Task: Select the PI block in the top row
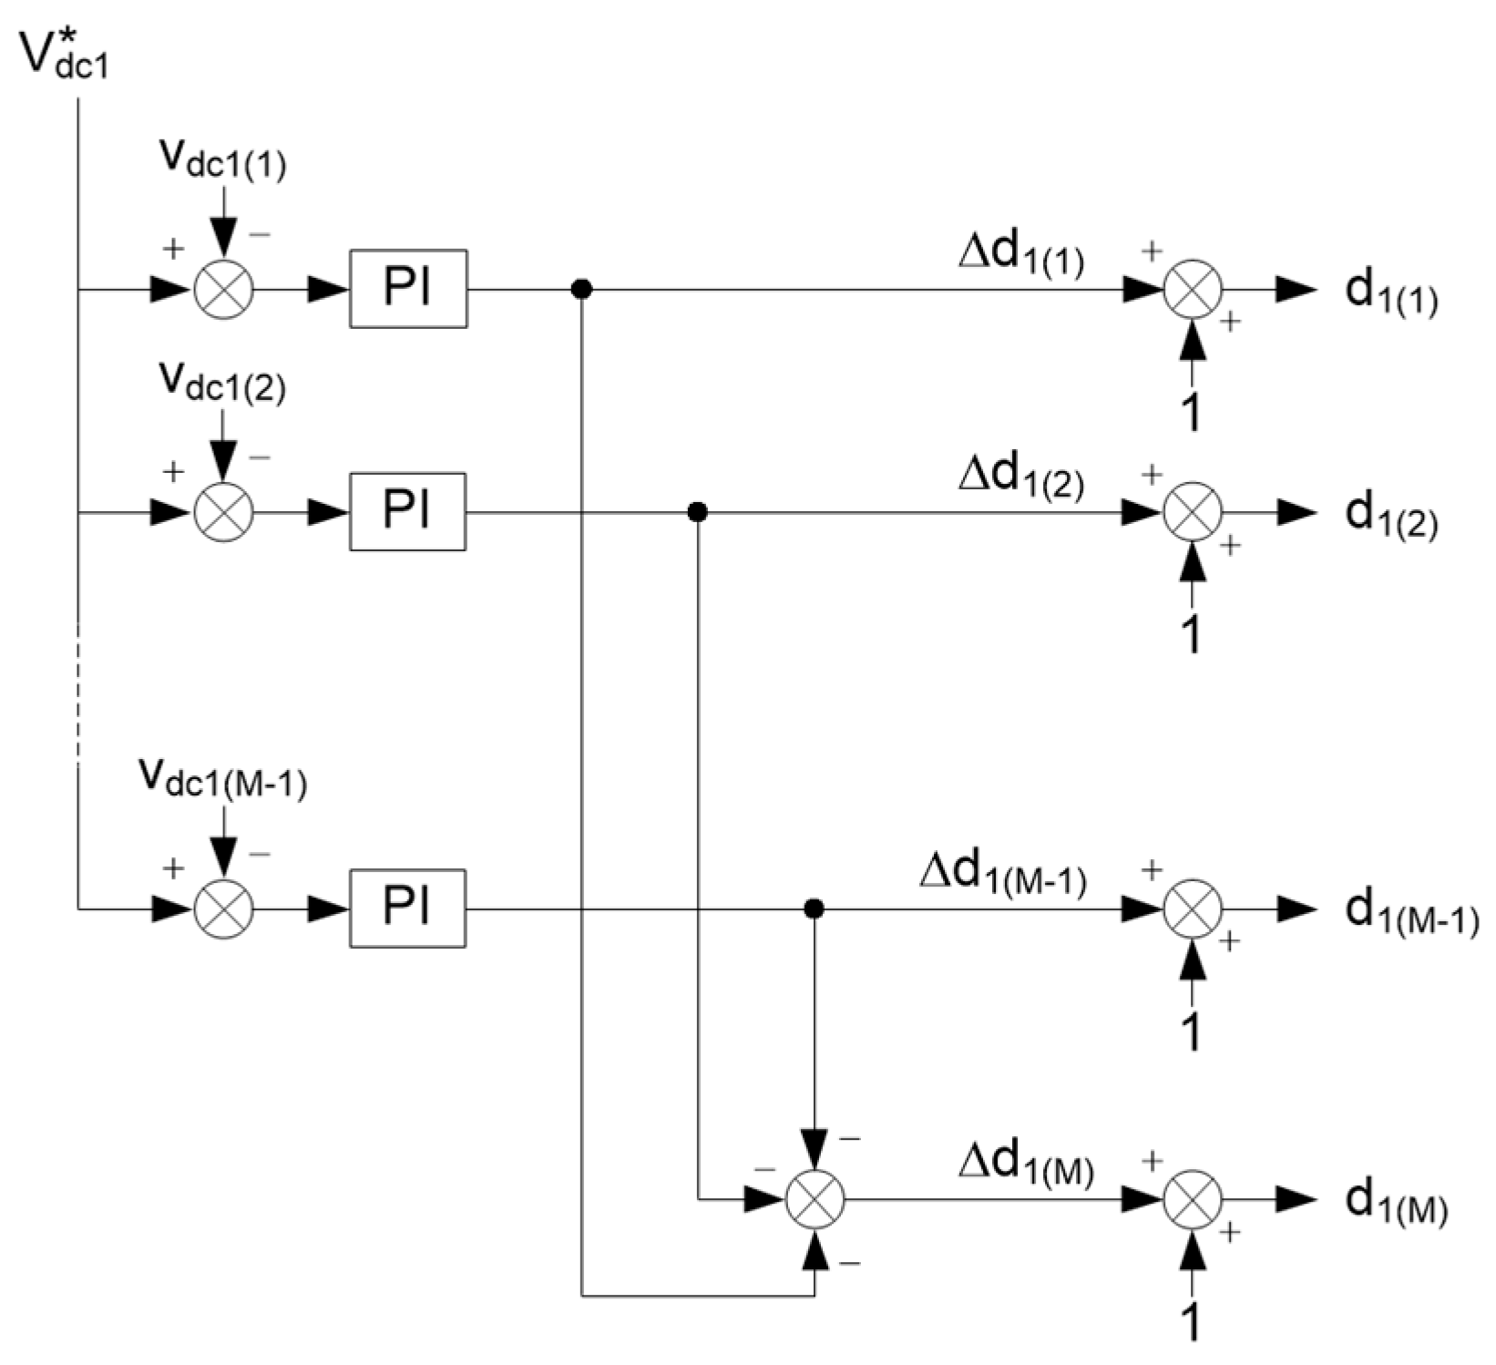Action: [408, 289]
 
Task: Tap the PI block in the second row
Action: [408, 511]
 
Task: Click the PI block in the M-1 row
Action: [408, 908]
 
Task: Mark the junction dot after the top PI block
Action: [581, 290]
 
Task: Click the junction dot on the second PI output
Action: [697, 512]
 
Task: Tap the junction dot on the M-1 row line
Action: [815, 908]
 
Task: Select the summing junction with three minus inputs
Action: [815, 1199]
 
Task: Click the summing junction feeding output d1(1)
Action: [1192, 290]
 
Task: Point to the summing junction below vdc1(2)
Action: [223, 512]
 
